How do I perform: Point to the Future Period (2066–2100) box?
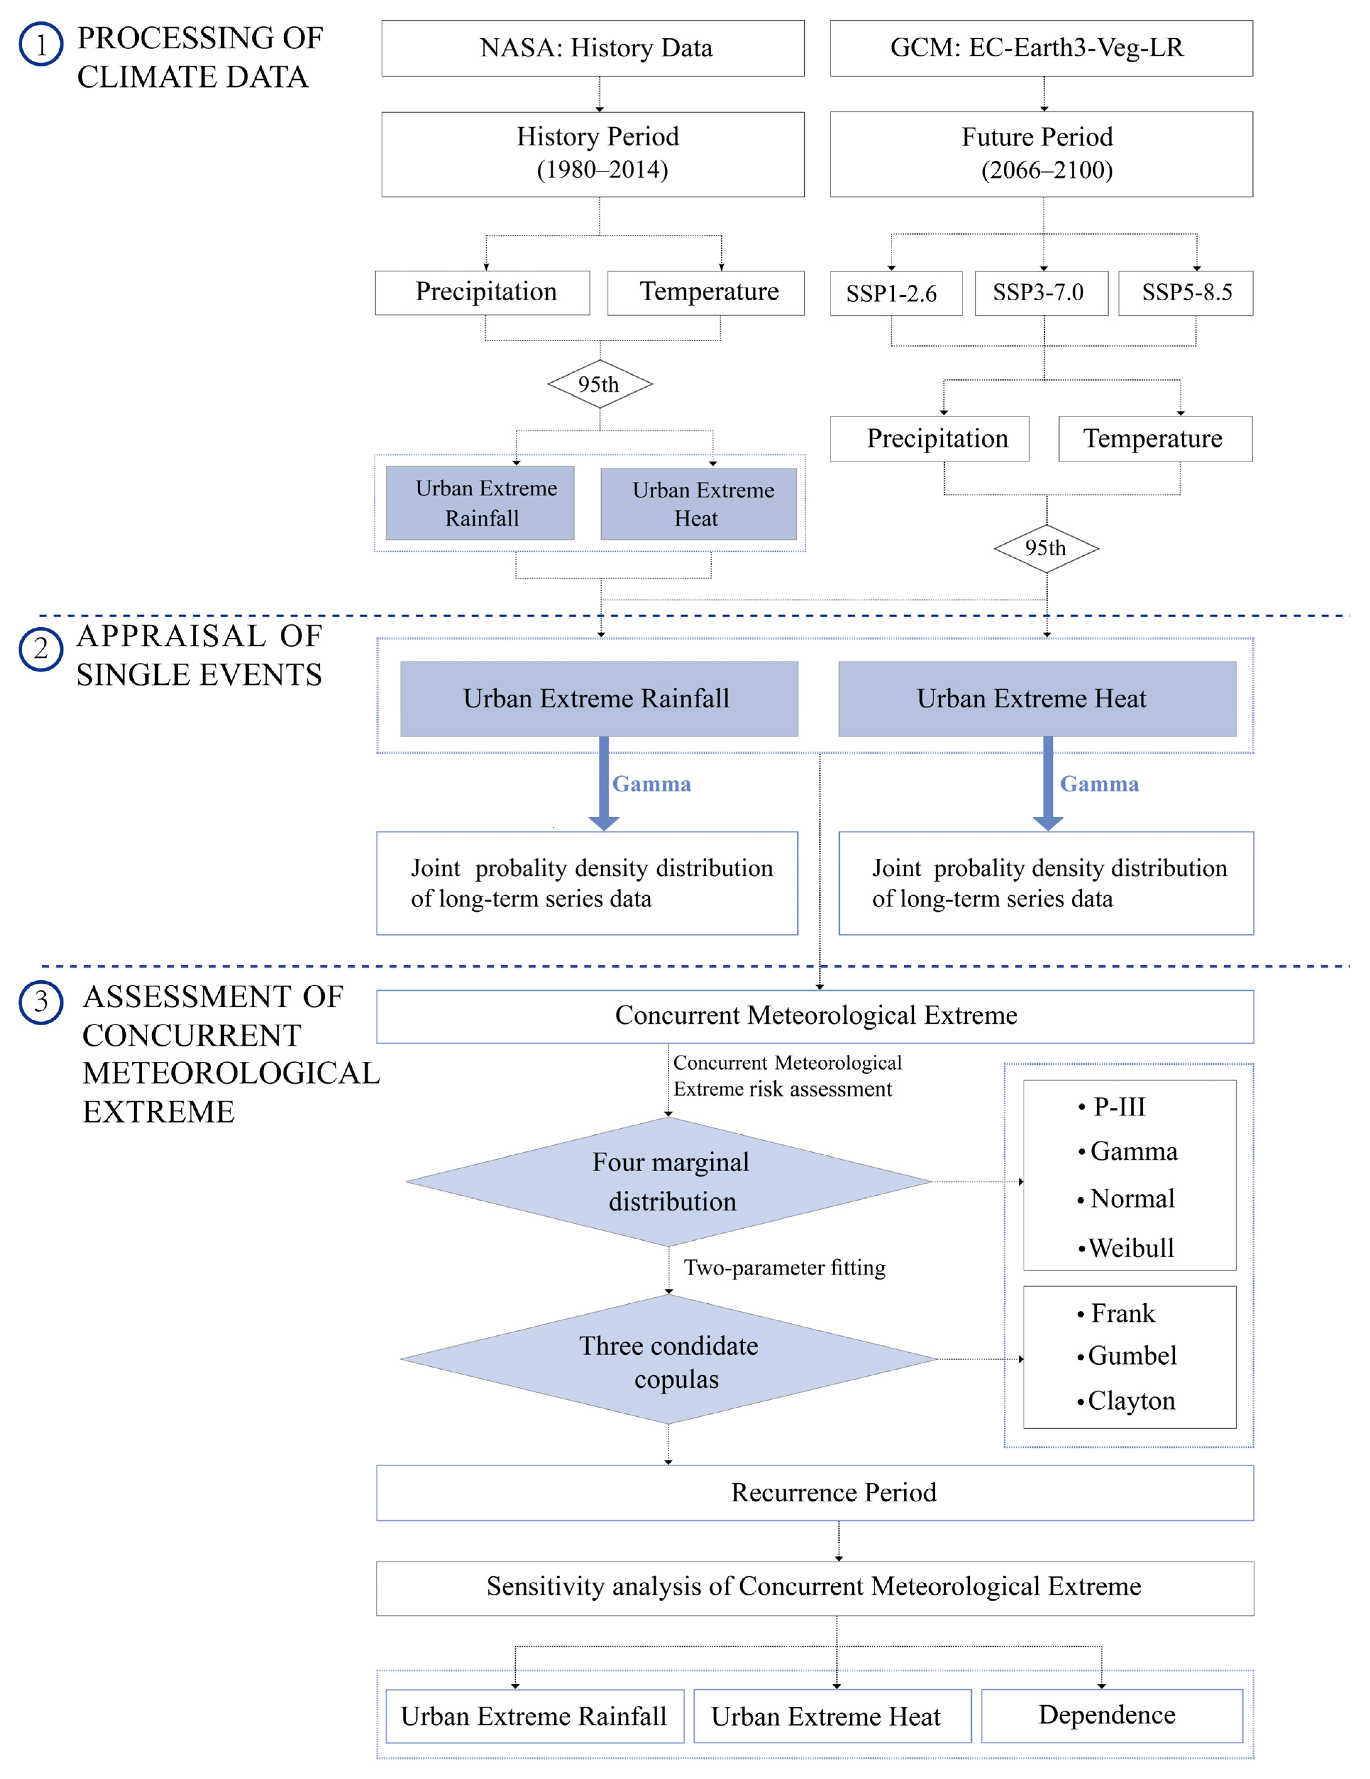(x=1041, y=154)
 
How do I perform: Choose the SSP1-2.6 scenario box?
(x=895, y=293)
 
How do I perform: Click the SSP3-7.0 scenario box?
(x=1041, y=293)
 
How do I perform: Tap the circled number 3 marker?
(x=41, y=1001)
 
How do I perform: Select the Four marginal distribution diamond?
(x=669, y=1182)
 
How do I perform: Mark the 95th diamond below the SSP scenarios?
(x=1046, y=548)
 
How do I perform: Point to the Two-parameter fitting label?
(x=784, y=1268)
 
